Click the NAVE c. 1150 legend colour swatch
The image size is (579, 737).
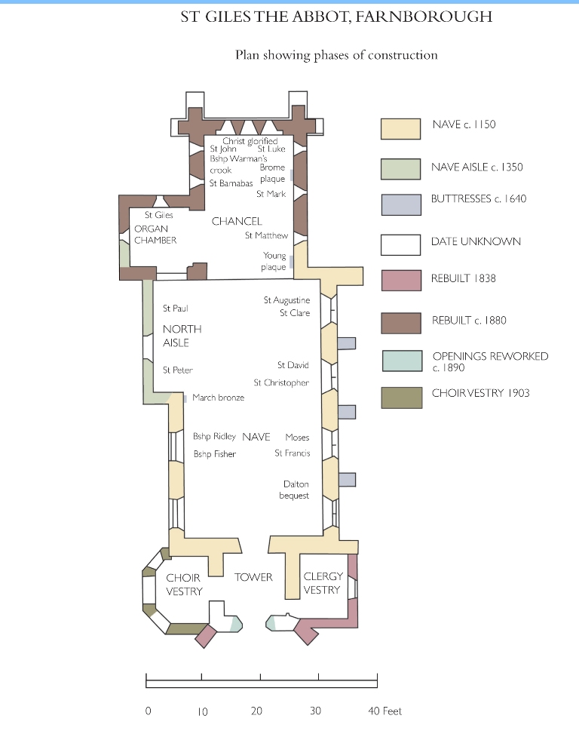point(400,129)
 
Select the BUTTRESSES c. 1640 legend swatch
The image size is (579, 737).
point(401,205)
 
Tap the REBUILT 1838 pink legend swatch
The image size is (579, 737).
point(401,281)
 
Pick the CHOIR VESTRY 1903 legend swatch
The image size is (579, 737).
point(402,398)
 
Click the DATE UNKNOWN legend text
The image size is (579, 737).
point(476,241)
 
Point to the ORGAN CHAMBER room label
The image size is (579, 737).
point(155,235)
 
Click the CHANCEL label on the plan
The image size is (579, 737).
point(237,221)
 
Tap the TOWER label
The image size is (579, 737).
point(253,577)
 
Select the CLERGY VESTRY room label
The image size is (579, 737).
point(323,583)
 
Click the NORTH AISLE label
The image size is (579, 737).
point(182,336)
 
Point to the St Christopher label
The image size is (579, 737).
point(281,382)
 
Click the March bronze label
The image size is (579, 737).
point(219,398)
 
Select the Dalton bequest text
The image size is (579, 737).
point(295,490)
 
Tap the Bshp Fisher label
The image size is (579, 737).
point(215,454)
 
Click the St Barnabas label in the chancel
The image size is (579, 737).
point(231,183)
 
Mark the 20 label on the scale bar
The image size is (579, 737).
point(256,711)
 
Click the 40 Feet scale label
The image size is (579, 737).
point(385,711)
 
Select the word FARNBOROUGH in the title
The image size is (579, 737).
point(424,17)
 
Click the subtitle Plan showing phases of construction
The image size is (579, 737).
point(336,56)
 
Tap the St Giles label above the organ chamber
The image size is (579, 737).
point(159,215)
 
